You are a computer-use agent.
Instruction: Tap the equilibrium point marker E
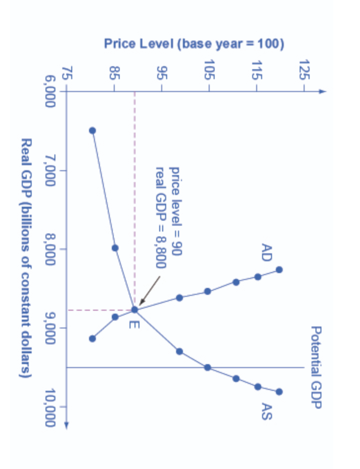(x=135, y=310)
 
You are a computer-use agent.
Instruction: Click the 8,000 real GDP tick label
(x=49, y=249)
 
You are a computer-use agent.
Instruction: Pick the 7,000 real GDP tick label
(x=49, y=171)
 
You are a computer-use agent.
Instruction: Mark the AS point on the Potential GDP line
(x=208, y=367)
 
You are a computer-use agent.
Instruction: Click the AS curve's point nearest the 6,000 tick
(x=92, y=131)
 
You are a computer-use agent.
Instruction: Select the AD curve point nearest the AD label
(x=279, y=270)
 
